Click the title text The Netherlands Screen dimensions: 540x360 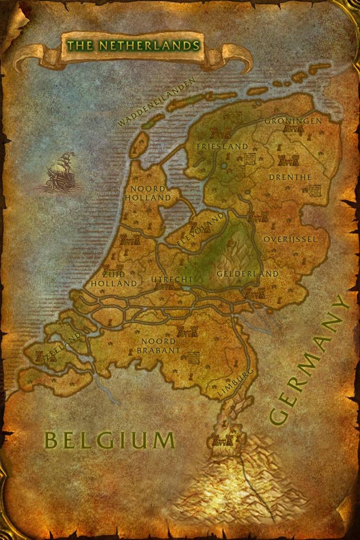[133, 46]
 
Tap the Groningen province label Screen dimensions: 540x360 [293, 121]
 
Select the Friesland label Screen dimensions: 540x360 [223, 146]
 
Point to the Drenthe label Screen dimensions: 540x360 [290, 177]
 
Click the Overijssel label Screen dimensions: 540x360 [290, 239]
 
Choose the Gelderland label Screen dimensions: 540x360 [247, 274]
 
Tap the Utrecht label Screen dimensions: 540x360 [172, 279]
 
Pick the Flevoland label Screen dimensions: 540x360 [201, 230]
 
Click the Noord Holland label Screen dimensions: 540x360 [148, 193]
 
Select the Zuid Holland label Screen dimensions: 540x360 [114, 279]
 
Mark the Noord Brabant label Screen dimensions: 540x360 [158, 346]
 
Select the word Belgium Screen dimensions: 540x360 [109, 440]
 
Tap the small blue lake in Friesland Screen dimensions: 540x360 [225, 166]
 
